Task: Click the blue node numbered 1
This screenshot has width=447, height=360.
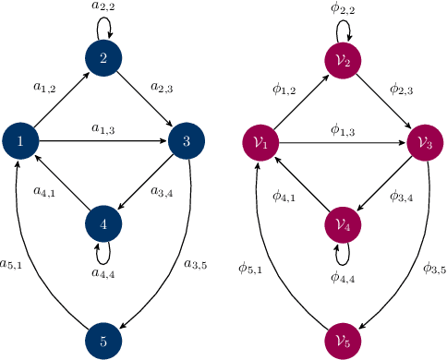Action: pos(20,141)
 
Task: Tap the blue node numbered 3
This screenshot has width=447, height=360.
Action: pos(187,141)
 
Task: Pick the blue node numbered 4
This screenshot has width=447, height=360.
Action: pos(103,224)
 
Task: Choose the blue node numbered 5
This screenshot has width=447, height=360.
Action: pos(103,341)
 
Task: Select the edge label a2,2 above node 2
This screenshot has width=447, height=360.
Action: pos(103,8)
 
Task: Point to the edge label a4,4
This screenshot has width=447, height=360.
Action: pos(103,274)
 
